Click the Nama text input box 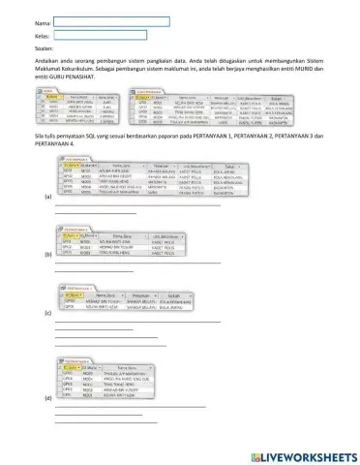click(x=111, y=20)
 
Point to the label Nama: click(x=42, y=21)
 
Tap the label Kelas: click(x=42, y=35)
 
